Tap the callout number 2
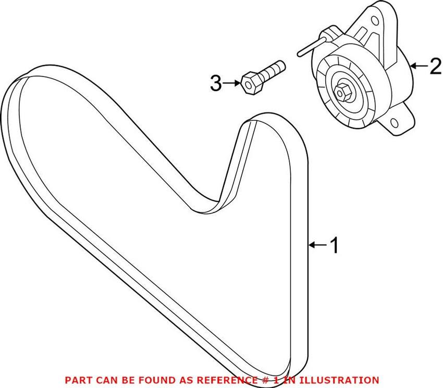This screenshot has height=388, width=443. click(435, 66)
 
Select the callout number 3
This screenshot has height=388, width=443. click(216, 83)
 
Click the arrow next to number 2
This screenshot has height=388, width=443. click(419, 66)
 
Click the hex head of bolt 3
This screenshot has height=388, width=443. click(250, 83)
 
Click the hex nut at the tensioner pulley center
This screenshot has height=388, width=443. click(342, 92)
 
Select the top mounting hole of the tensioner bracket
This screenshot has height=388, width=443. click(375, 21)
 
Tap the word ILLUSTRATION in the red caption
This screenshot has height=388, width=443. click(339, 380)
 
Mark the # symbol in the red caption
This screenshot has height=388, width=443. click(265, 380)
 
